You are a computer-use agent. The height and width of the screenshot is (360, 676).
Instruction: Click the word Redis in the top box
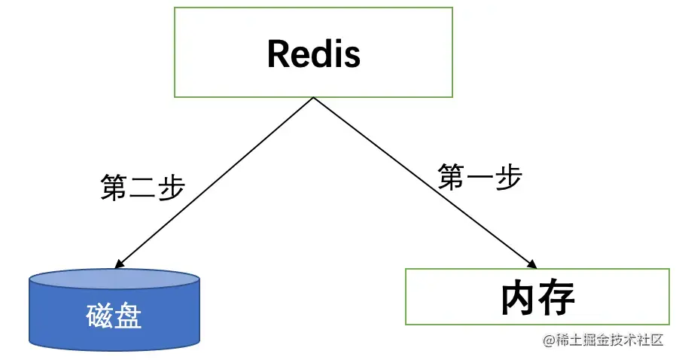tap(313, 53)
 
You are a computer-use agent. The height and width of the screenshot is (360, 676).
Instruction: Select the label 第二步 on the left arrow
tap(142, 187)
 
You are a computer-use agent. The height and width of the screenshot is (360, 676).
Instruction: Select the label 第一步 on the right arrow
tap(480, 177)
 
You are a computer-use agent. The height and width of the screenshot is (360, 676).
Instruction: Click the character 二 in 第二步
tap(142, 188)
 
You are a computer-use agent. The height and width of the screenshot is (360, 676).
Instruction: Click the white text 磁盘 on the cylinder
tap(114, 317)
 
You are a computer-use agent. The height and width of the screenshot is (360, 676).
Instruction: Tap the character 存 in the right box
tap(557, 298)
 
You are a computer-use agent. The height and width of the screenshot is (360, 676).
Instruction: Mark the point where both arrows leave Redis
tap(313, 98)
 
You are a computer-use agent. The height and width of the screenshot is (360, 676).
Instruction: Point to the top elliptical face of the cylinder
tap(114, 279)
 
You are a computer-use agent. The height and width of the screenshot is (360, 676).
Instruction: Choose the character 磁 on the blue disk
tap(99, 317)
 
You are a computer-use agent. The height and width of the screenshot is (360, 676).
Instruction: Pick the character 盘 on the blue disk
tap(128, 317)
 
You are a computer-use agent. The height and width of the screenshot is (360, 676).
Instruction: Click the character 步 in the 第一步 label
tap(509, 177)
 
